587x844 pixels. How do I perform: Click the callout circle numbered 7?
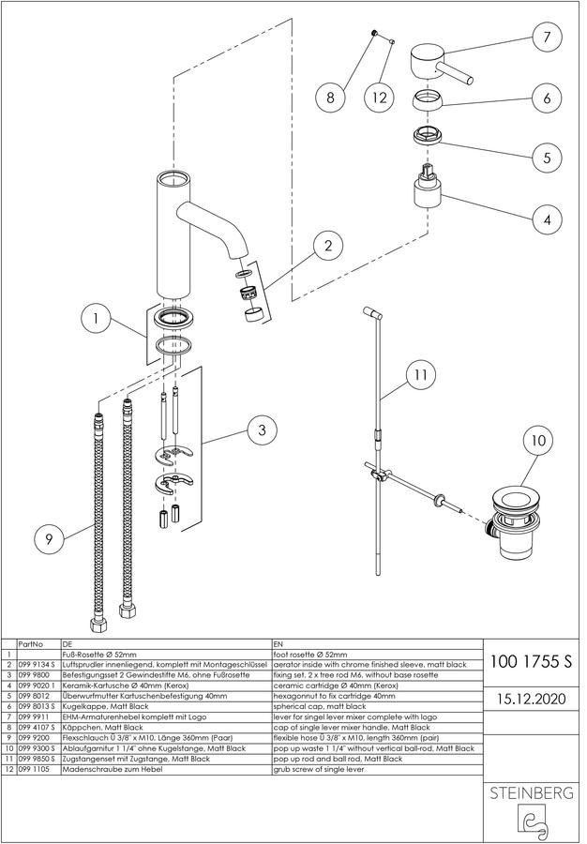547,37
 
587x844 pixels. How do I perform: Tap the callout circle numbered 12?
380,98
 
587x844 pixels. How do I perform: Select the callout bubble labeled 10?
538,441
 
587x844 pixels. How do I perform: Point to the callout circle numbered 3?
262,430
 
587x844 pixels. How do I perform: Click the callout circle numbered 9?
49,539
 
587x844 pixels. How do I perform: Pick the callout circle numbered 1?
96,319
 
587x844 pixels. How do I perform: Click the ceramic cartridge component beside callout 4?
428,188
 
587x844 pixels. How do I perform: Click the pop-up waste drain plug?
515,522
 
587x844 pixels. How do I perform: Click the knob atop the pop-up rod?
371,312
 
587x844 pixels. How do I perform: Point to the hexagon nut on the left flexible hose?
98,625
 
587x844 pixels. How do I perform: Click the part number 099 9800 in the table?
34,675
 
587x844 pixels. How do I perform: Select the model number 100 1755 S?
531,661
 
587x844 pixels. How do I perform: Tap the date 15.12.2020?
531,699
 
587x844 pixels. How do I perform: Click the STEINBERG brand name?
531,792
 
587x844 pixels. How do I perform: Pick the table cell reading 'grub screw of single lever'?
319,770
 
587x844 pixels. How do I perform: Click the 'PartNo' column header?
31,643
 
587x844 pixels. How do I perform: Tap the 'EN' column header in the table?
278,643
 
